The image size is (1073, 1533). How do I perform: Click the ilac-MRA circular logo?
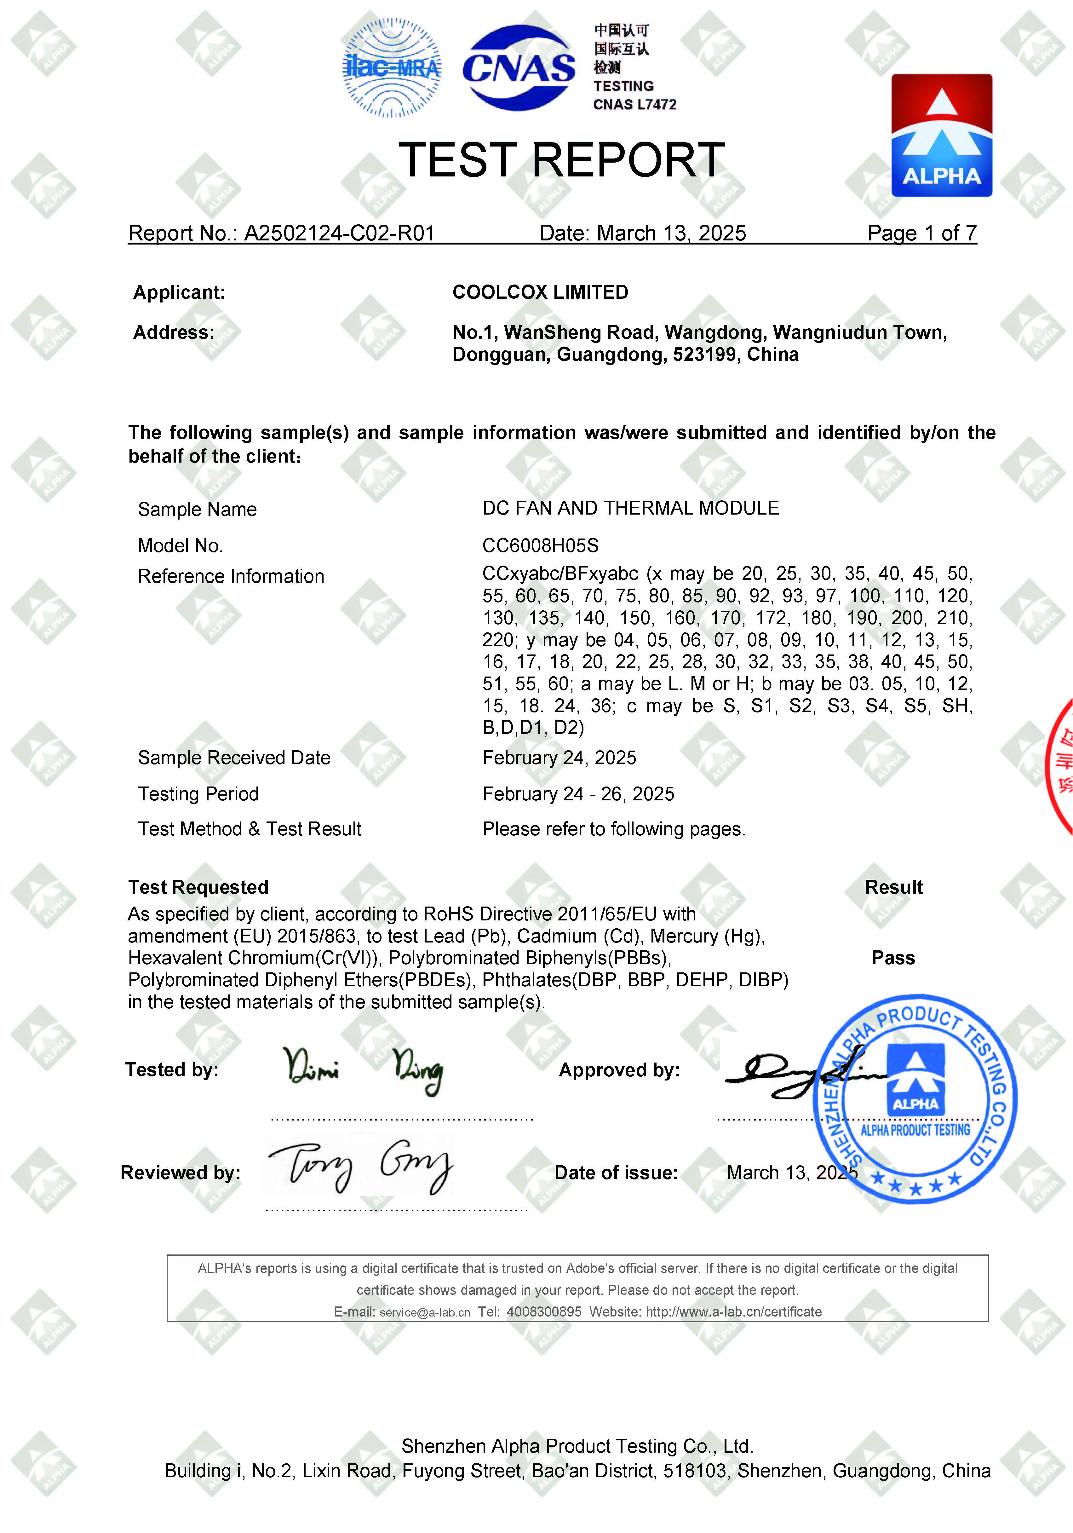click(x=392, y=68)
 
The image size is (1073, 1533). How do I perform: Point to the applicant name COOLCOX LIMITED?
click(x=540, y=292)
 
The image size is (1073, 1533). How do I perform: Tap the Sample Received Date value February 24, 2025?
click(x=559, y=758)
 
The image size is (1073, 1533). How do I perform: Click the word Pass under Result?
click(x=893, y=958)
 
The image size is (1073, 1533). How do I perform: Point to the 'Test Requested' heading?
click(x=198, y=887)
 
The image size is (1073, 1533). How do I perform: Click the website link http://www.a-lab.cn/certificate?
click(x=733, y=1312)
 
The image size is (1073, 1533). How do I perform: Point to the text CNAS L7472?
click(x=634, y=105)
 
